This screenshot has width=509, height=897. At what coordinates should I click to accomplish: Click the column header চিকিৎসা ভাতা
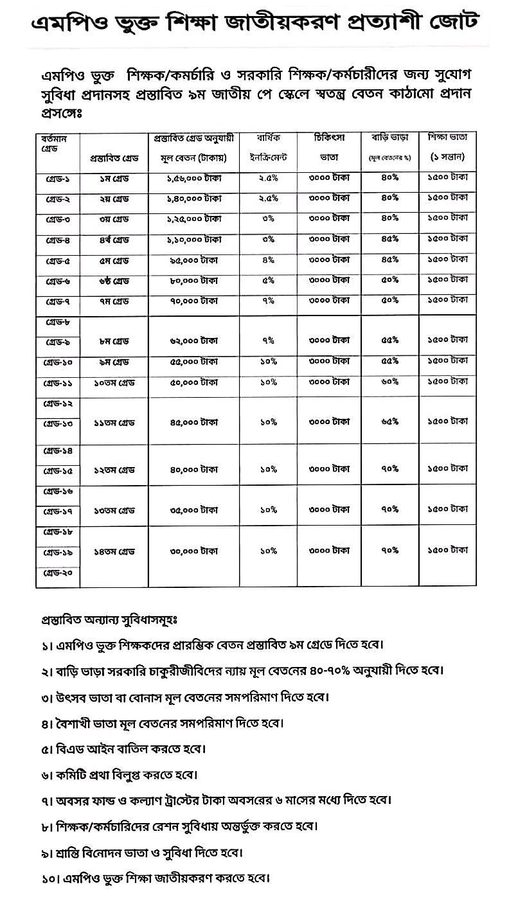[x=331, y=147]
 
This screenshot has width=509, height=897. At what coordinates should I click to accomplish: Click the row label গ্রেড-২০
[x=58, y=573]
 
